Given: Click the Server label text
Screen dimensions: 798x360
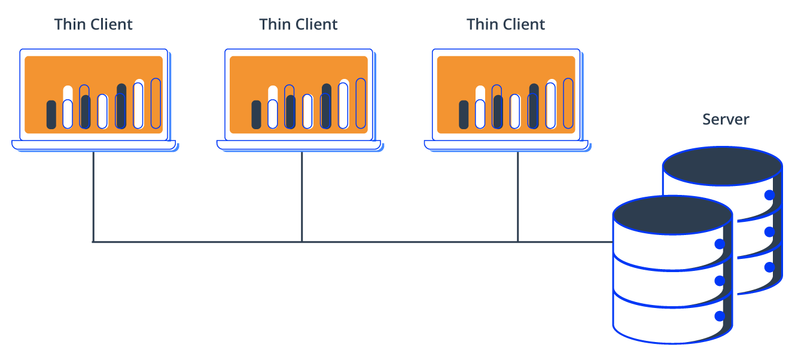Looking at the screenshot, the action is coord(726,119).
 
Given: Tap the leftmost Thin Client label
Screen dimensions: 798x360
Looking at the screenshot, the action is coord(93,25).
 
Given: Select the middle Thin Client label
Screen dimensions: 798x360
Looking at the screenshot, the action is coord(298,25).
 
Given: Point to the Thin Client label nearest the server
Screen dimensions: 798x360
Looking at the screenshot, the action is coord(505,25).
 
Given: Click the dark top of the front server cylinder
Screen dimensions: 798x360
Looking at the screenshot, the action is coord(672,215).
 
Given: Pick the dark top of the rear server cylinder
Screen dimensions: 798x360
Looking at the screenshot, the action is coord(723,166).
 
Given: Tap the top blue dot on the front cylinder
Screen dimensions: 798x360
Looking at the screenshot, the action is coord(720,244).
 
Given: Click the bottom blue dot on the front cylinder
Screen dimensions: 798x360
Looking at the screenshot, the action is coord(720,316).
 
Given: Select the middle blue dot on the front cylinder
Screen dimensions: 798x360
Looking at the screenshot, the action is coord(720,280).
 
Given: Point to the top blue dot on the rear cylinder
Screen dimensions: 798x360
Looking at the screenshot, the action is coord(769,195).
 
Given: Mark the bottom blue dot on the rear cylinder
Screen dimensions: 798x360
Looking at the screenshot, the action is coord(769,267).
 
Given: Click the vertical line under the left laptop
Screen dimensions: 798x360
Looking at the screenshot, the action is coord(93,197).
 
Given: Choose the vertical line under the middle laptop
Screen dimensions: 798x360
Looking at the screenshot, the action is coord(301,197).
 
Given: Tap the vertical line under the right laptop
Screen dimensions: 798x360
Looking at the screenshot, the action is coord(517,197).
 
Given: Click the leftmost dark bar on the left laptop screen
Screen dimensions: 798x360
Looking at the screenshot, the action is coord(51,115).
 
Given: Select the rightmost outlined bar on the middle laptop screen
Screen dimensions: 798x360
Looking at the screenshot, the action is coord(361,103).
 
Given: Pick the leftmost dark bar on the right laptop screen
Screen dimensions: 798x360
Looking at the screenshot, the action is coord(464,115).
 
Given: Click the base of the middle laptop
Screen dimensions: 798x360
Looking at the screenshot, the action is coord(299,145).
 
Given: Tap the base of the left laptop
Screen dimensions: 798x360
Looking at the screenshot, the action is coord(94,145).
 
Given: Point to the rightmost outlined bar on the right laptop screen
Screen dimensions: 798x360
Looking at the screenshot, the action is coord(568,103).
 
